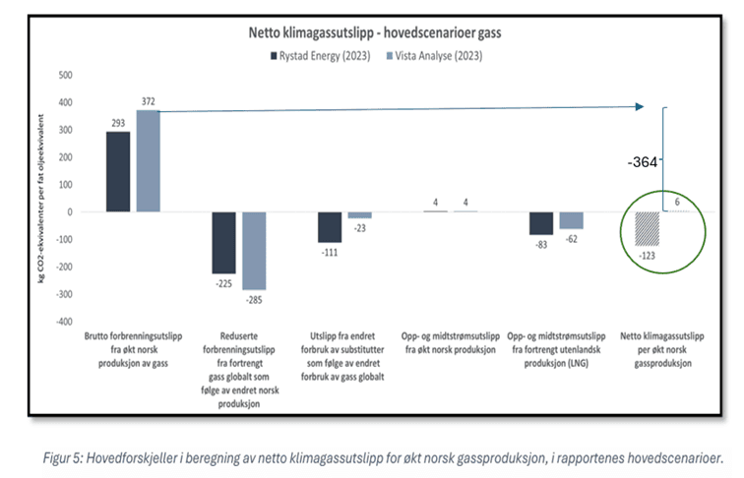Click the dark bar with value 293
(118, 171)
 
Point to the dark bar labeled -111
(330, 226)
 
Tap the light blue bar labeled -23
(360, 214)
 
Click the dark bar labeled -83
(541, 222)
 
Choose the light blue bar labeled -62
(571, 219)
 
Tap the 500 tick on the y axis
(65, 75)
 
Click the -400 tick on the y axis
(63, 321)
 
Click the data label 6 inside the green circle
(678, 202)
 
